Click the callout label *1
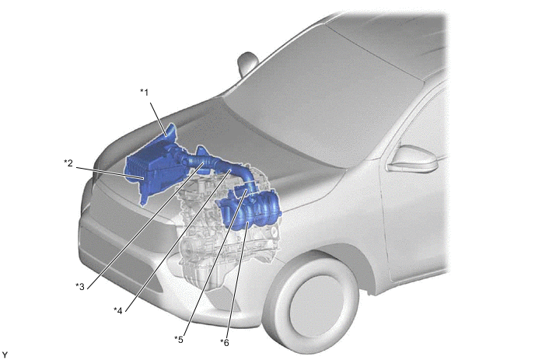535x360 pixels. [x=145, y=92]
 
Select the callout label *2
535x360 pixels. [x=68, y=163]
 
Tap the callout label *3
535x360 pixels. [x=80, y=286]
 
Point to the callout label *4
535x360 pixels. [x=118, y=310]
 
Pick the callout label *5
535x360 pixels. [x=179, y=339]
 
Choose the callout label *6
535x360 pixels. [x=225, y=342]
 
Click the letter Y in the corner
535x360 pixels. [x=5, y=355]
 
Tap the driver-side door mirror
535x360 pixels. [x=413, y=159]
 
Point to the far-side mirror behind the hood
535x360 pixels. [x=247, y=63]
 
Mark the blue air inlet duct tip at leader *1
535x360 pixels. [x=171, y=131]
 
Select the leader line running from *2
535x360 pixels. [x=110, y=173]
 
